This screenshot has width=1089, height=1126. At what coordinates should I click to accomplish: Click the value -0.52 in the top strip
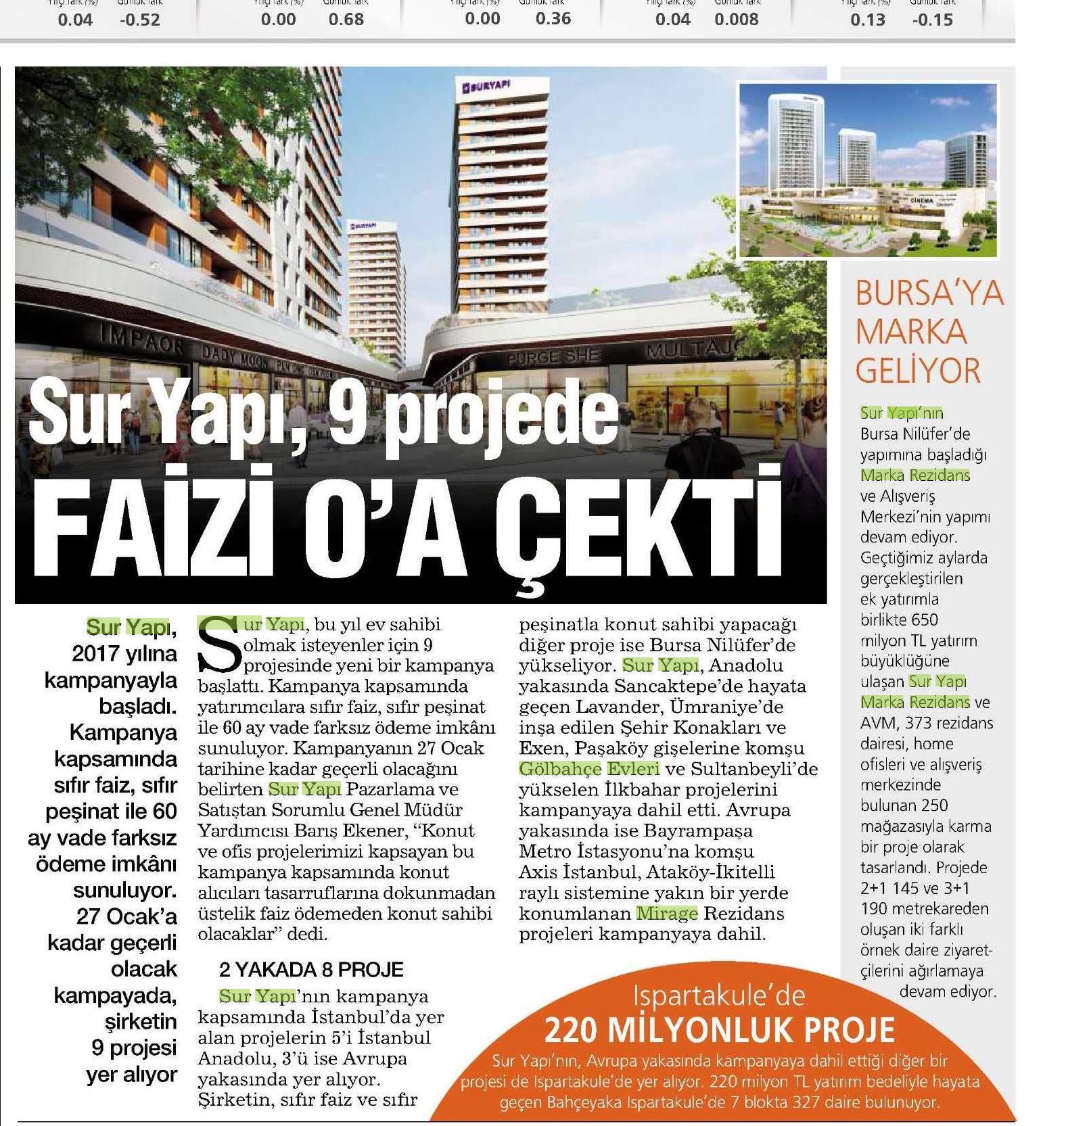point(140,20)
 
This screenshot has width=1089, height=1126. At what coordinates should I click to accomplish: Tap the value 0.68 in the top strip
point(346,20)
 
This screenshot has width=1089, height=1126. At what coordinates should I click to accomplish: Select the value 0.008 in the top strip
point(736,20)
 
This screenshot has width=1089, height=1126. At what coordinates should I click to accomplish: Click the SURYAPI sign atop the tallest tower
point(486,86)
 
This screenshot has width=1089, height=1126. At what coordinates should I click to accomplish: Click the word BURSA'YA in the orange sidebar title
point(929,294)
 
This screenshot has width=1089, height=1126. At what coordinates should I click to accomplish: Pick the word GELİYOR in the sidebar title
point(917,371)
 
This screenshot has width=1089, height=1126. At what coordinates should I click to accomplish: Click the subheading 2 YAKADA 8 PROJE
point(311,970)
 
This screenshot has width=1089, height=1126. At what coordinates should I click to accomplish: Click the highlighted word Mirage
point(666,914)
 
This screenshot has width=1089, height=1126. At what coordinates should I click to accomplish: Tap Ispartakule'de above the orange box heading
point(719,995)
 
